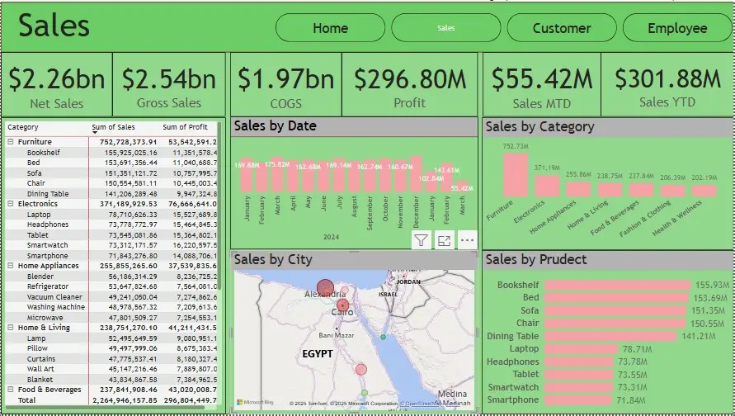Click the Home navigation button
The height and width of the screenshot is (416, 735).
coord(330,28)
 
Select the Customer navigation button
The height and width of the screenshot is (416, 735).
coord(561,28)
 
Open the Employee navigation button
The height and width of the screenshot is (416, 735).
coord(676,28)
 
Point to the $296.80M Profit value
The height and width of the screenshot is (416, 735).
coord(410,79)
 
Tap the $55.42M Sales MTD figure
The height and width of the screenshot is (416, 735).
coord(542,79)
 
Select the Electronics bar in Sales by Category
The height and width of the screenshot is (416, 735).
coord(546,185)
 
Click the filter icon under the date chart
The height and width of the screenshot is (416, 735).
coord(421,240)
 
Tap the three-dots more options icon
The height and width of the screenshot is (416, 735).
coord(467,240)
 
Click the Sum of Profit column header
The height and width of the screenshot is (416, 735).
coord(185,128)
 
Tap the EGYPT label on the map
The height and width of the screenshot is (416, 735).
coord(318,353)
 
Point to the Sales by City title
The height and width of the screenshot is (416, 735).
coord(273,260)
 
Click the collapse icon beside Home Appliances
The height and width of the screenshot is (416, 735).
coord(11,266)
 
